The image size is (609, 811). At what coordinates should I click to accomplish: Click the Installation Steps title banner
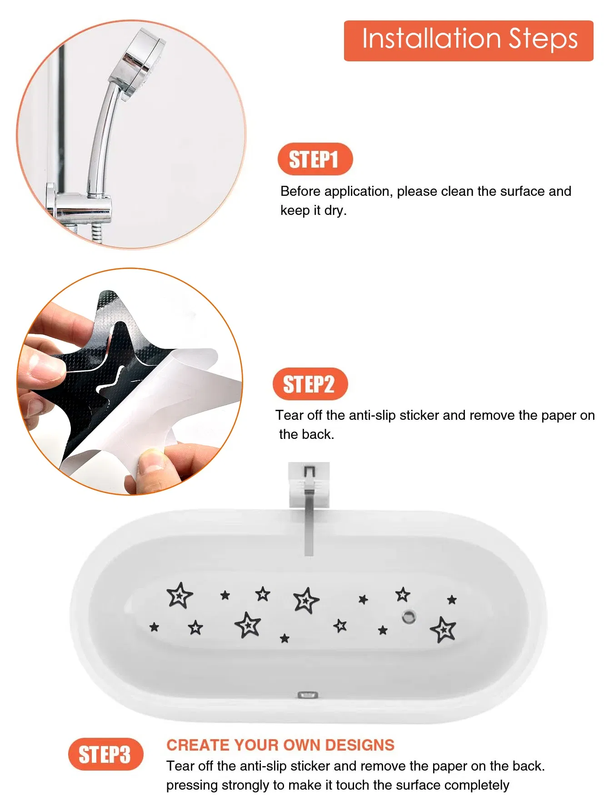tap(469, 40)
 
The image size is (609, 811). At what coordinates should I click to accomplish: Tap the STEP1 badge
tap(315, 159)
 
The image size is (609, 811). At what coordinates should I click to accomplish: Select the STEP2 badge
tap(310, 384)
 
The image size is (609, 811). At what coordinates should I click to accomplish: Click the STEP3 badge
tap(105, 754)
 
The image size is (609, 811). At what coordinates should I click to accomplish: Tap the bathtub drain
tap(409, 617)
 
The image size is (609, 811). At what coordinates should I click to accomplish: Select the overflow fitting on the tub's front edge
tap(308, 695)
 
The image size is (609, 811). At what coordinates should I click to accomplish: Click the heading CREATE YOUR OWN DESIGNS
tap(280, 745)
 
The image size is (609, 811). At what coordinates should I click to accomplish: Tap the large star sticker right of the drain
tap(443, 630)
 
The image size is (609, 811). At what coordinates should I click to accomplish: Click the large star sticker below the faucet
tap(306, 600)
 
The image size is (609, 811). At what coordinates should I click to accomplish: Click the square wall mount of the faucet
tap(309, 484)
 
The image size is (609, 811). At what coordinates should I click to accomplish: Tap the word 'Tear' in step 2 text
tap(289, 415)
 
